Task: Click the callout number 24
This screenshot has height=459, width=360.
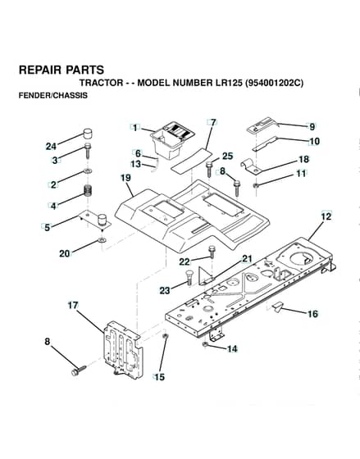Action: tap(51, 146)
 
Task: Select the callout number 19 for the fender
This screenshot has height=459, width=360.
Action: tap(126, 178)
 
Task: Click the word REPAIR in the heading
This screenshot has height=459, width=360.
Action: tap(40, 70)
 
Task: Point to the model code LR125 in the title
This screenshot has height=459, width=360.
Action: tap(229, 83)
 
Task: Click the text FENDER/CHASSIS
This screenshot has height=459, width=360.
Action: tap(53, 96)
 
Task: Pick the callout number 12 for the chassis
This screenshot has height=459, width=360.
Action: tap(326, 216)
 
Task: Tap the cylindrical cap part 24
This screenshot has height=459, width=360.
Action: tap(86, 134)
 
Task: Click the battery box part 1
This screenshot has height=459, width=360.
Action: tap(172, 139)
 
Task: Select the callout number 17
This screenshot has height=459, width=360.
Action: tap(73, 305)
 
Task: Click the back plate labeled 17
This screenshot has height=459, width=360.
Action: tap(123, 350)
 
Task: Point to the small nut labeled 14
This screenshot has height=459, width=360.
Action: tap(205, 344)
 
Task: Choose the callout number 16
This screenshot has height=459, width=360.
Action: tap(312, 314)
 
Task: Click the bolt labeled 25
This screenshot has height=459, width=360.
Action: tap(209, 169)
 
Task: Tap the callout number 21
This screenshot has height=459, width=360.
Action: tap(247, 258)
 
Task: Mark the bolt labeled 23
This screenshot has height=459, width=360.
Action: tap(188, 277)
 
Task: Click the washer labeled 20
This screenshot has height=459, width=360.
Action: tap(102, 240)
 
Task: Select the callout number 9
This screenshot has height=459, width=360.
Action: tap(312, 127)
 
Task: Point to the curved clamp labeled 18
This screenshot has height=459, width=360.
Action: tap(250, 166)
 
